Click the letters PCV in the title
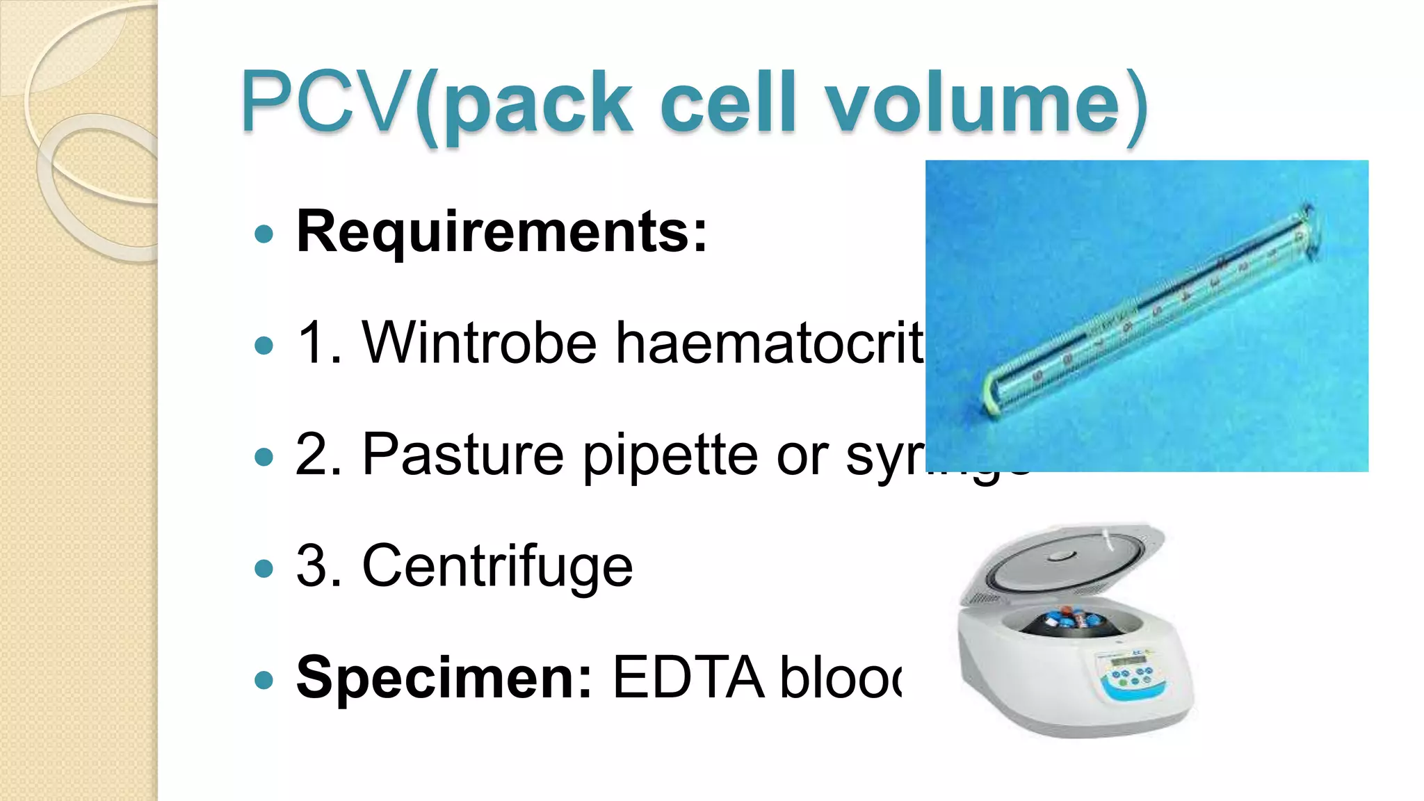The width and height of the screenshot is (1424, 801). coord(325,103)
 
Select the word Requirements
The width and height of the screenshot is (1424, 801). coord(501,232)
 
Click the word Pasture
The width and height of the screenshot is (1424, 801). coord(462,455)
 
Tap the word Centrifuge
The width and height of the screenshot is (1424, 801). coord(497,566)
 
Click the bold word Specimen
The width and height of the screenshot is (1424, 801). coord(444,677)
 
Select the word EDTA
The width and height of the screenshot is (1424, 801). coord(688,677)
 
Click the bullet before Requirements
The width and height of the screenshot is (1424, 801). coord(264,234)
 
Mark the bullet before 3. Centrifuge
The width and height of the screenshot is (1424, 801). coord(264,569)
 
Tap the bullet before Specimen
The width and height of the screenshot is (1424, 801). coord(264,680)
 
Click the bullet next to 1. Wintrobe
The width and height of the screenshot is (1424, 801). coord(264,346)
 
